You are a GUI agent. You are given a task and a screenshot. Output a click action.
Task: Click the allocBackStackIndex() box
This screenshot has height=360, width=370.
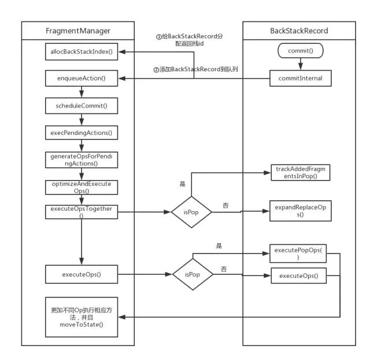pyautogui.click(x=82, y=52)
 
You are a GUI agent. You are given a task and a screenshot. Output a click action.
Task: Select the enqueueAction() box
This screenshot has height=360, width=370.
pyautogui.click(x=82, y=78)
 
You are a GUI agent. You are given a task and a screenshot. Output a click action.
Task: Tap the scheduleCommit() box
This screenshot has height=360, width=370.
pyautogui.click(x=82, y=105)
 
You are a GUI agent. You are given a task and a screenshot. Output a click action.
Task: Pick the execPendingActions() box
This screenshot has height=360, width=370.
pyautogui.click(x=82, y=133)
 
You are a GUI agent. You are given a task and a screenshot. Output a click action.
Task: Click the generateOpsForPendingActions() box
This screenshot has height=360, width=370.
pyautogui.click(x=82, y=160)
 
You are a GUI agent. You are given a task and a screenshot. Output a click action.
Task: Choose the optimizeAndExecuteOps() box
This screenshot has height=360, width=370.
pyautogui.click(x=82, y=188)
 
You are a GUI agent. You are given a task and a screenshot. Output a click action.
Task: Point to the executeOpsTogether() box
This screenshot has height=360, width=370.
pyautogui.click(x=82, y=212)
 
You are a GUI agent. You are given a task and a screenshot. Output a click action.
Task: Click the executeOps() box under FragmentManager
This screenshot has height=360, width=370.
pyautogui.click(x=82, y=274)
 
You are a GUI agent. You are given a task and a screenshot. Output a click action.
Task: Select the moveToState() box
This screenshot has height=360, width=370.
pyautogui.click(x=82, y=317)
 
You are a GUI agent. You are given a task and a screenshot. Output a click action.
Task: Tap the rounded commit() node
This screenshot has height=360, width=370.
pyautogui.click(x=301, y=50)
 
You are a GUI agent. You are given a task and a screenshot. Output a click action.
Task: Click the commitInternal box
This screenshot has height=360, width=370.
pyautogui.click(x=301, y=78)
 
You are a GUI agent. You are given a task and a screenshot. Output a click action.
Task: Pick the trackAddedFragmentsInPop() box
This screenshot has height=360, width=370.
pyautogui.click(x=301, y=172)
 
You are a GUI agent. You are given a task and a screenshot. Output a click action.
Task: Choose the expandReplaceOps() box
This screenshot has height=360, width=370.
pyautogui.click(x=301, y=211)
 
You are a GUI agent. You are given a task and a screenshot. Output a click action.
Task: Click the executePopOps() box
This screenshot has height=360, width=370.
pyautogui.click(x=298, y=254)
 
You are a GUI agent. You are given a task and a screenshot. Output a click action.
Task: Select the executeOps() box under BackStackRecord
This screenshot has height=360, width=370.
pyautogui.click(x=299, y=275)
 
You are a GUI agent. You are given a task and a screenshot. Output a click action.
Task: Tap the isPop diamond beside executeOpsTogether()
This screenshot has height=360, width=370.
pyautogui.click(x=191, y=212)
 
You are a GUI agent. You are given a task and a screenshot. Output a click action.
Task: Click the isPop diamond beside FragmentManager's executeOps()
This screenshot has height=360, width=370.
pyautogui.click(x=193, y=274)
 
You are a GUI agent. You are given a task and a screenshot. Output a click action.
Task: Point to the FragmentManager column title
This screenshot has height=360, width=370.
pyautogui.click(x=78, y=31)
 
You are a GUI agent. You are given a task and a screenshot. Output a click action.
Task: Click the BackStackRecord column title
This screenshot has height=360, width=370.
pyautogui.click(x=299, y=31)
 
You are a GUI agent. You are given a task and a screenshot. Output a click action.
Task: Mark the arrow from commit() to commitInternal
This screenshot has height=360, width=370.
pyautogui.click(x=301, y=64)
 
